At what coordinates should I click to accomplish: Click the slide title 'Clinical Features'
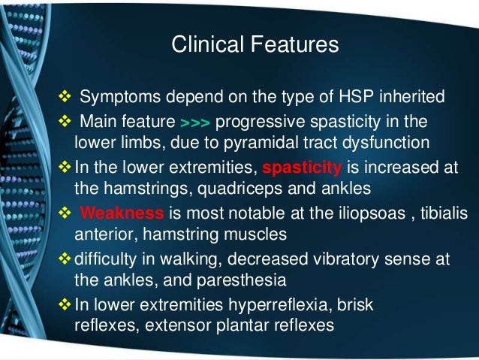(255, 45)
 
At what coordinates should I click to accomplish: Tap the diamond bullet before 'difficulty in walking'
(63, 259)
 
